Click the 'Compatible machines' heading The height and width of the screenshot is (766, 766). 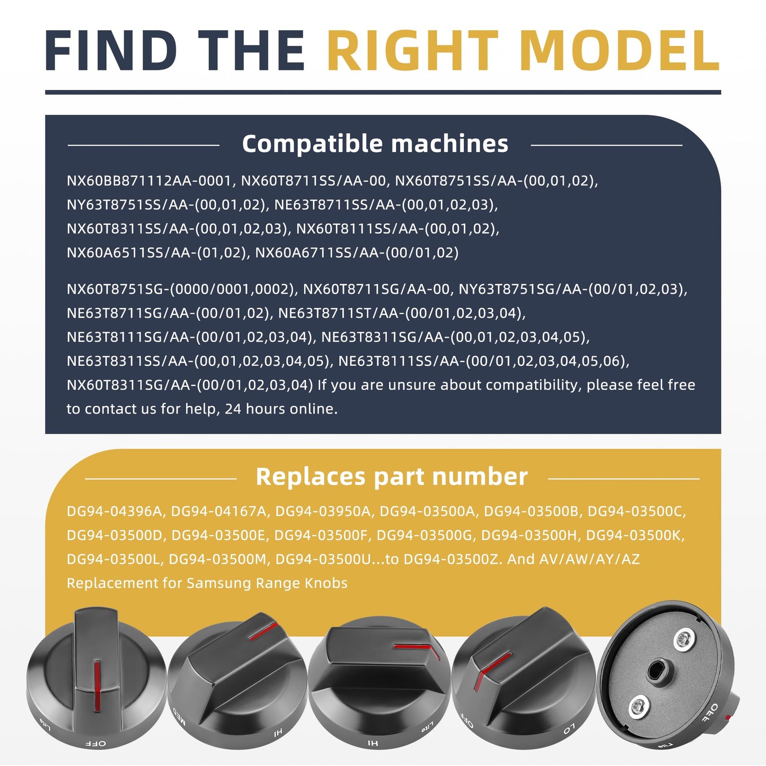(375, 143)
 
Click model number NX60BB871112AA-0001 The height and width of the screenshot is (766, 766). (148, 181)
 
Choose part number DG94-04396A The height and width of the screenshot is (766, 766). (115, 512)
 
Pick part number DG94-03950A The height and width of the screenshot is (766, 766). (323, 512)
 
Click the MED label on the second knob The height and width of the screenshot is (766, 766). (179, 716)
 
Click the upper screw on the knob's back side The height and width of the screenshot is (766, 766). (684, 640)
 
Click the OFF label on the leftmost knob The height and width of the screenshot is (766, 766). (96, 743)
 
